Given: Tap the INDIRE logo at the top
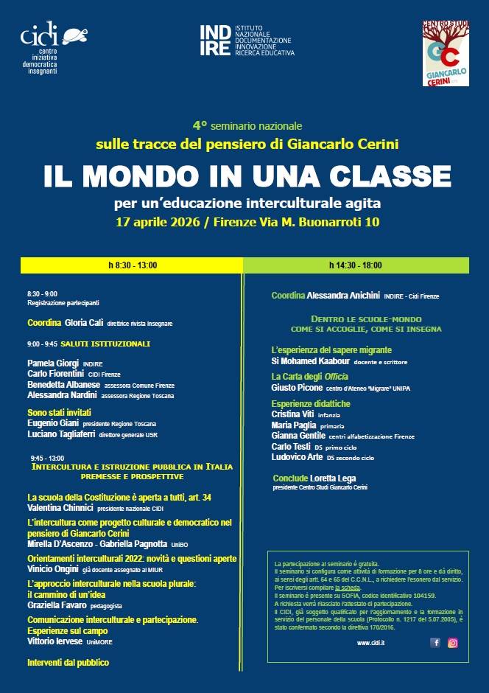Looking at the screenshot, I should click(x=246, y=40).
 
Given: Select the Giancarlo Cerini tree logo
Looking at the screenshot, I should click(x=446, y=53).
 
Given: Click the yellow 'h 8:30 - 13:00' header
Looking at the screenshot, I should click(x=133, y=265).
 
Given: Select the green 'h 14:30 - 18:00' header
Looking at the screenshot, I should click(x=356, y=265).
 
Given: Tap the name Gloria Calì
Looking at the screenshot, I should click(x=84, y=323).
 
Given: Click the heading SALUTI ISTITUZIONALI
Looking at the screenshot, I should click(x=105, y=344).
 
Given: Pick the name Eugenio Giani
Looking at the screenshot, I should click(x=51, y=424).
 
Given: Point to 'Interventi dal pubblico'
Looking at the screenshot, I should click(x=68, y=663).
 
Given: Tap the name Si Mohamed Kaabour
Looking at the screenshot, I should click(x=310, y=361).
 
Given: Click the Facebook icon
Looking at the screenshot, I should click(x=435, y=643).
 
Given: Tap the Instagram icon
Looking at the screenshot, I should click(x=453, y=643).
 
